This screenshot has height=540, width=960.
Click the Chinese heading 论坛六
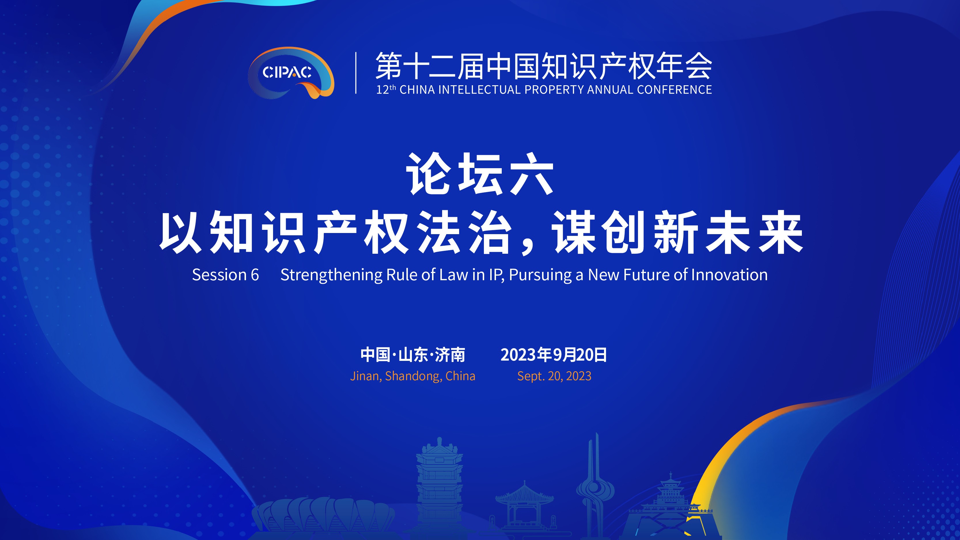click(480, 174)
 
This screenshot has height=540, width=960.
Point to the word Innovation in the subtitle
click(729, 275)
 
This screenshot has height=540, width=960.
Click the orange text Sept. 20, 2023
click(554, 376)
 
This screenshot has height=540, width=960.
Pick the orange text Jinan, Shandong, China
click(412, 376)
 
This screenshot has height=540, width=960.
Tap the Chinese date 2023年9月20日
click(554, 355)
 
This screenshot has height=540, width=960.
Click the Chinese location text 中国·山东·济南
click(412, 355)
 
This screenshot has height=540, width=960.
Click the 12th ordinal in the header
click(386, 90)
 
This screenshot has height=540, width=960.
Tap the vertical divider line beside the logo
click(356, 73)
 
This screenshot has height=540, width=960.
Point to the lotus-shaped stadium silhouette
click(323, 516)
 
